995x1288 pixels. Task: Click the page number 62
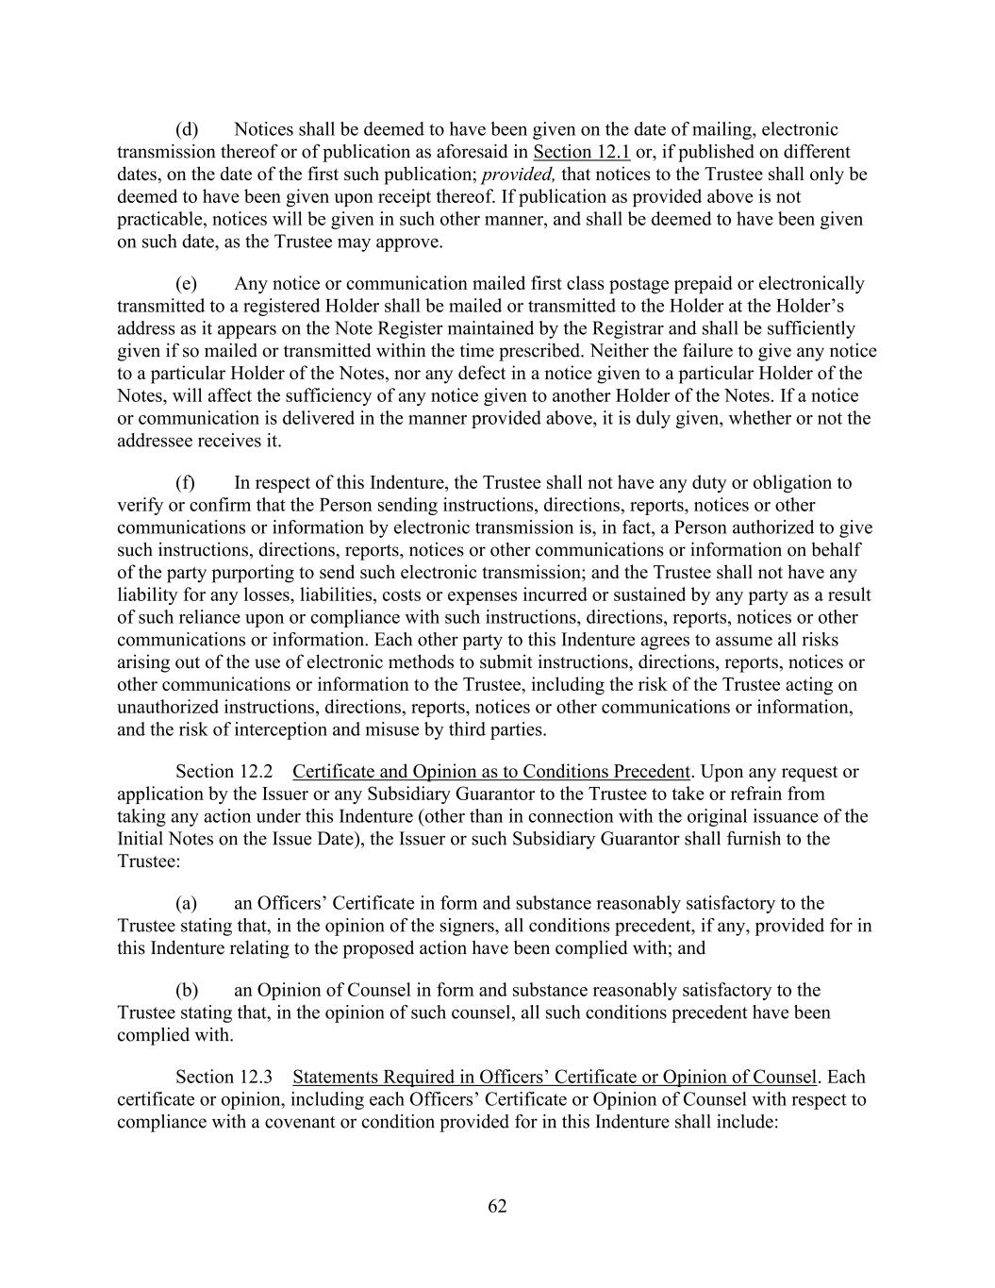tap(497, 1206)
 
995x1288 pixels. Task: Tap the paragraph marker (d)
tap(186, 129)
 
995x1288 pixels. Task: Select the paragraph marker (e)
tap(186, 284)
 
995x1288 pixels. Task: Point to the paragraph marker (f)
tap(185, 483)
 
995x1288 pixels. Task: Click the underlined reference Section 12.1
tap(581, 152)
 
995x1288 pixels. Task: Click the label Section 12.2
tap(224, 772)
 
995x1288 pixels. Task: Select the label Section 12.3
tap(224, 1078)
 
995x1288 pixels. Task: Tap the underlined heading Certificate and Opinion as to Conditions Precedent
tap(491, 772)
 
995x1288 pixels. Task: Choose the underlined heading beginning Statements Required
tap(555, 1078)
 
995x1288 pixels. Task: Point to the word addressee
tap(157, 442)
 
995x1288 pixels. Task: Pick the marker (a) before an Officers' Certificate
tap(186, 904)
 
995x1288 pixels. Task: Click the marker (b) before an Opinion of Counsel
tap(186, 991)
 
